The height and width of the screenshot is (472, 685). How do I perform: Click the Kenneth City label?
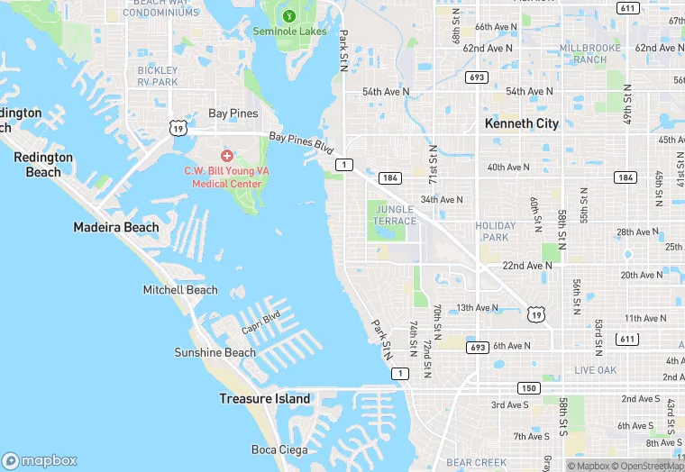coord(522,123)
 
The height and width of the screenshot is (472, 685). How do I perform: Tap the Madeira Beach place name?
coord(116,228)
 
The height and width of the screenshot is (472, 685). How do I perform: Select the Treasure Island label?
coord(265,398)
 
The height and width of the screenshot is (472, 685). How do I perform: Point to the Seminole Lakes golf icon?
coord(288,15)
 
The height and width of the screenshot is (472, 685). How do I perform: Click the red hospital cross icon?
coord(226,156)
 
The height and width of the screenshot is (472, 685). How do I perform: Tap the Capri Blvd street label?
coord(260,322)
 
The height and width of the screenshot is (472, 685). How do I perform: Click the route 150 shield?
coord(528,388)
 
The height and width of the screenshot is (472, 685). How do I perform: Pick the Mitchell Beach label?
coord(180,290)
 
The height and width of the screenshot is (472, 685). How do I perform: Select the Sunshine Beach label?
coord(215,352)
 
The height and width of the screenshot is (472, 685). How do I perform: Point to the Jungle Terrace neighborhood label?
coord(394,215)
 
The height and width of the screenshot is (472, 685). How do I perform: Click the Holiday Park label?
coord(496,231)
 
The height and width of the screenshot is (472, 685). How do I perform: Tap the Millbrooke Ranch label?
coord(583,53)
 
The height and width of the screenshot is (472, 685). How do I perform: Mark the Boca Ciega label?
coord(279,449)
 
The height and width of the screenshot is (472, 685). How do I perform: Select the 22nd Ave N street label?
coord(527,266)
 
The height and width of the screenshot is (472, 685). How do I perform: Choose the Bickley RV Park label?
coord(159,76)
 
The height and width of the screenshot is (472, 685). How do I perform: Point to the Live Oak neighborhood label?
coord(596,370)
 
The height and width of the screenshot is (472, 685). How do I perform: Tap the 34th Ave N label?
coord(442,200)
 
